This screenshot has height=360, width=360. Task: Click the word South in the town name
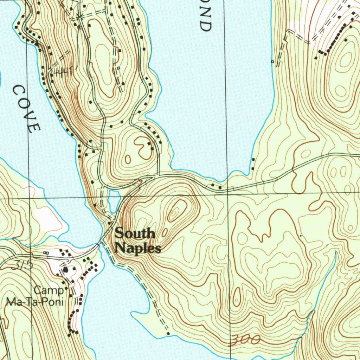[135, 233]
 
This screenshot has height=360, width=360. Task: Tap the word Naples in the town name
[138, 248]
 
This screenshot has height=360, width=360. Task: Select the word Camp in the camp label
[49, 290]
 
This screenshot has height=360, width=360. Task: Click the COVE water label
[27, 109]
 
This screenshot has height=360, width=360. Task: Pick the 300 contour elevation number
[246, 340]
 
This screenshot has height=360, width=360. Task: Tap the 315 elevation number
[22, 265]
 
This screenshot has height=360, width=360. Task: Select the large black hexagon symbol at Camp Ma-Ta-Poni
[65, 270]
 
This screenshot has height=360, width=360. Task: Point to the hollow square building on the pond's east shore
[272, 62]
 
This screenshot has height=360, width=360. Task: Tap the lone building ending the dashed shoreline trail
[168, 333]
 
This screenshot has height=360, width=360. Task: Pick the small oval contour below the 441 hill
[128, 159]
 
